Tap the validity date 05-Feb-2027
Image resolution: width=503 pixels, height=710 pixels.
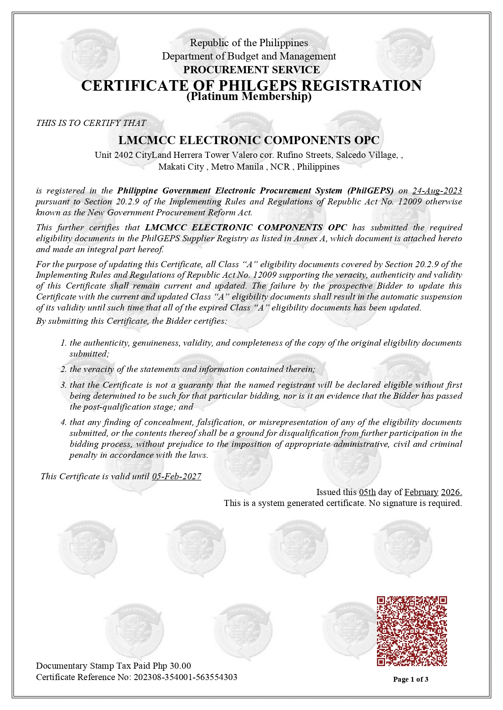176,476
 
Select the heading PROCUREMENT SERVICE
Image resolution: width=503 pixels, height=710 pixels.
251,70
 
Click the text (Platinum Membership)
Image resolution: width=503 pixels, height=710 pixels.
249,97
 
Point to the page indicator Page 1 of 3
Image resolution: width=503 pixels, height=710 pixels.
411,679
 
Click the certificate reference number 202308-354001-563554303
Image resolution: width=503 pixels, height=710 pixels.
185,677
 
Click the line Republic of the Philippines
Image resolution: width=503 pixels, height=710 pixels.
249,43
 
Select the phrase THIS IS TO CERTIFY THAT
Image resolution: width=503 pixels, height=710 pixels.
91,123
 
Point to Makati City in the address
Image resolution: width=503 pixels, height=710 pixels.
181,167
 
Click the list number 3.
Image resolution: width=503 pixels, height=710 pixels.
64,385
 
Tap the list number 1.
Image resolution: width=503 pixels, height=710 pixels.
64,343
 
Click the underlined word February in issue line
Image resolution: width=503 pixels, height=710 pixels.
421,492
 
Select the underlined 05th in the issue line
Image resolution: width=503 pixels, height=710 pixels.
367,492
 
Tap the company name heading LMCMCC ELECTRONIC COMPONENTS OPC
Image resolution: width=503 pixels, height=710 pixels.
249,140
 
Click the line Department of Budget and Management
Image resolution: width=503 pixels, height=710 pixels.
249,56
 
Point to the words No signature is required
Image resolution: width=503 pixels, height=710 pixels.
415,503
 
